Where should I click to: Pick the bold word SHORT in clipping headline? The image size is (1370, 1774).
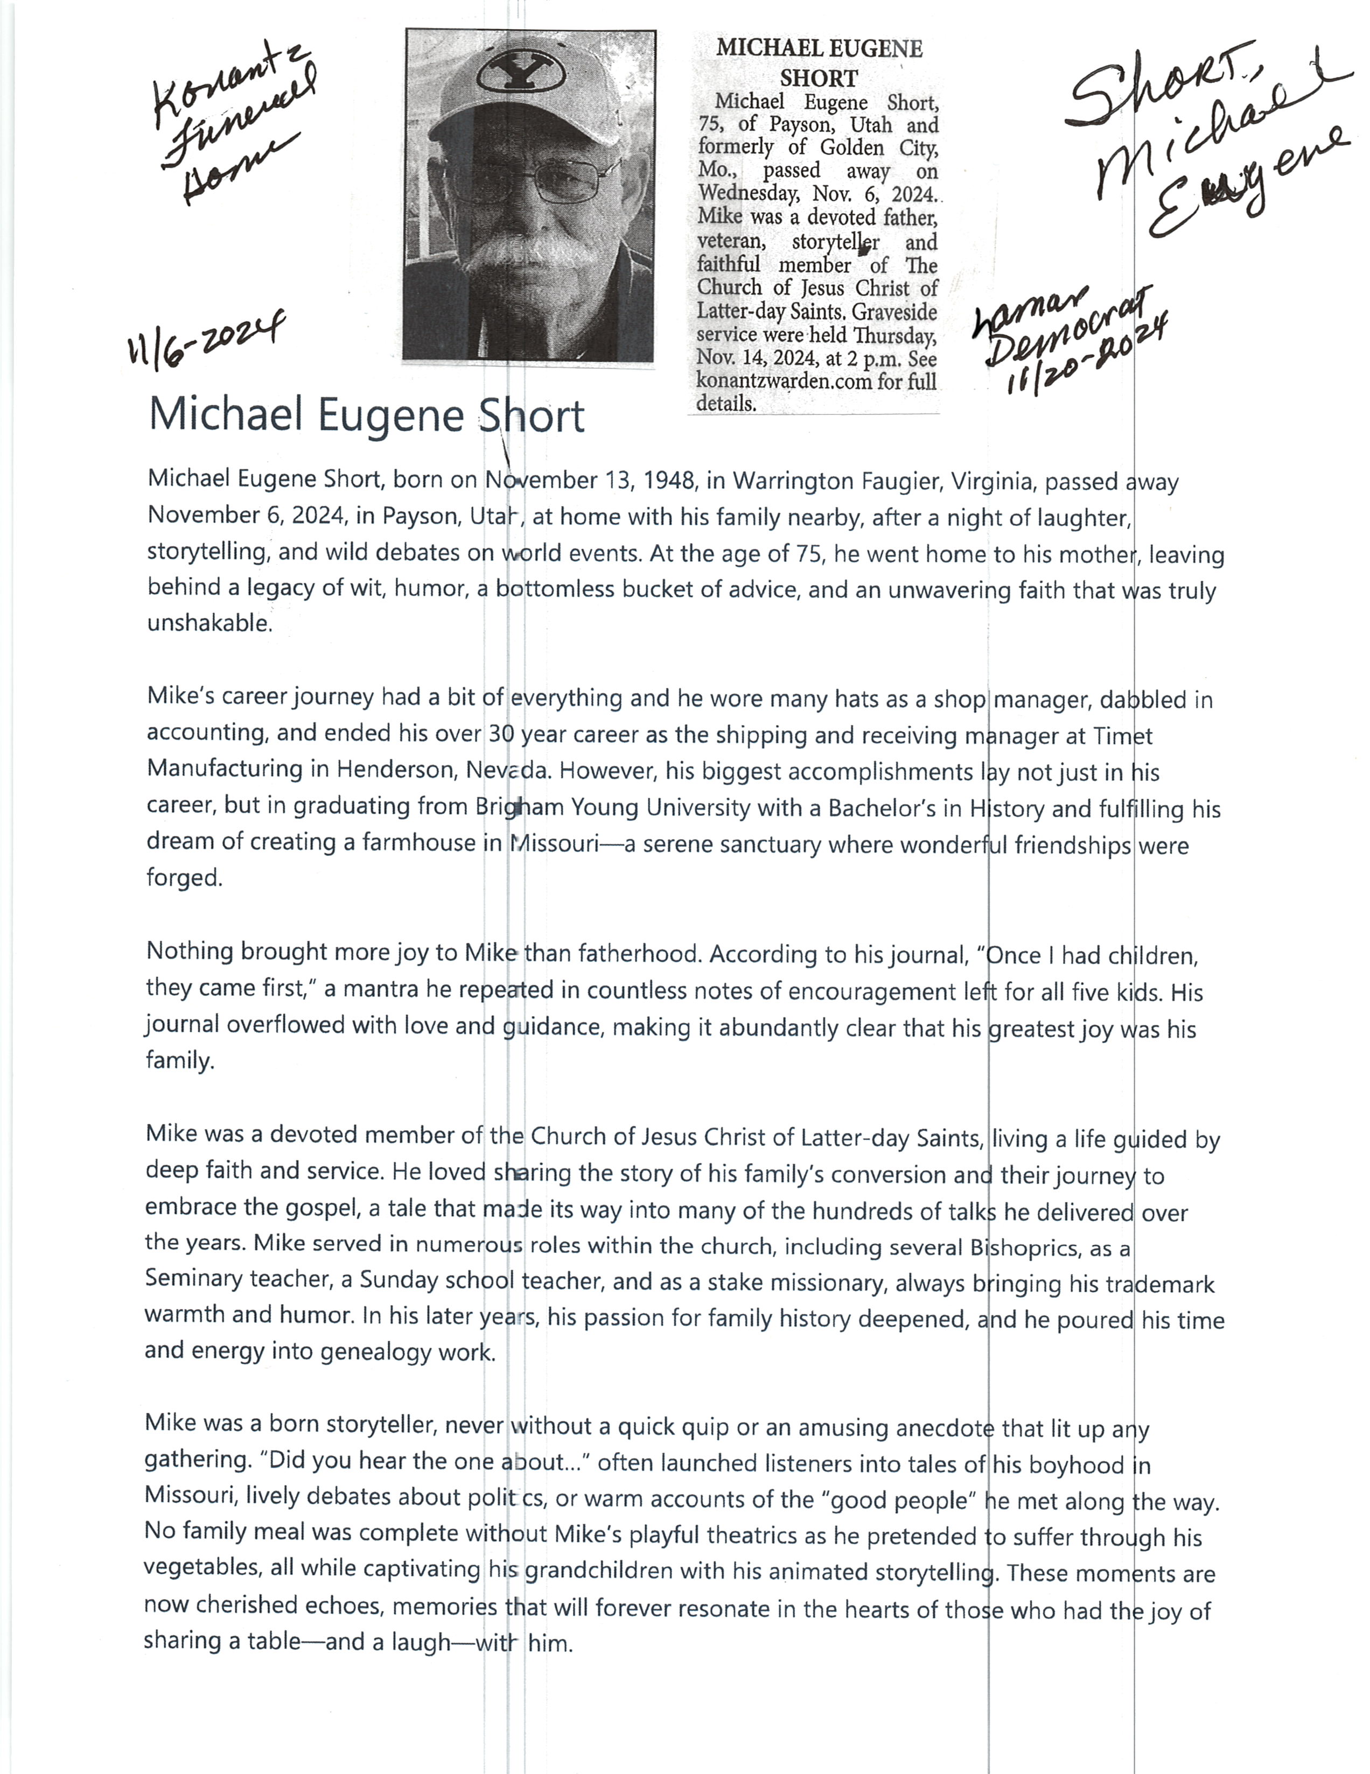point(818,79)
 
